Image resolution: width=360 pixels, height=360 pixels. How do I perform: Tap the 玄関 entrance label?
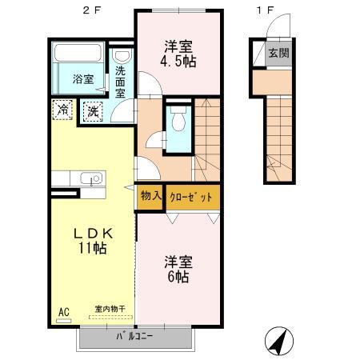278,54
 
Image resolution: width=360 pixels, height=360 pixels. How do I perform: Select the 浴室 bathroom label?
83,79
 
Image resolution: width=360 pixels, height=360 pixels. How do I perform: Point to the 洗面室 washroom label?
121,82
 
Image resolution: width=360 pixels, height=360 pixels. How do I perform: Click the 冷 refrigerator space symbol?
61,110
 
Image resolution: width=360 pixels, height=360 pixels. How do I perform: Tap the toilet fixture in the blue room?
178,121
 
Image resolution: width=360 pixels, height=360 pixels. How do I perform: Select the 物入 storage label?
151,195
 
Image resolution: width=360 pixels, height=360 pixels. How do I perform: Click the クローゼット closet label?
191,195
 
